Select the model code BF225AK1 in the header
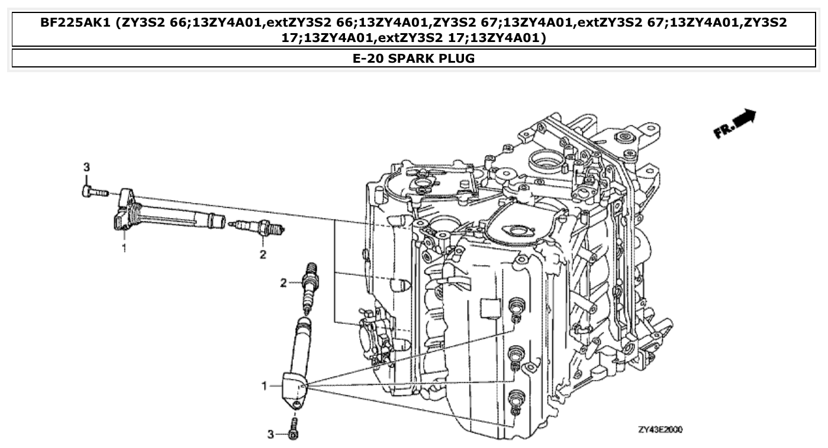(76, 23)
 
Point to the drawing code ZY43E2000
(660, 430)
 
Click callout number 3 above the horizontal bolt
(86, 167)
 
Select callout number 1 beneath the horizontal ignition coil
(124, 249)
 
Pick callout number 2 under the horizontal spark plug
(262, 254)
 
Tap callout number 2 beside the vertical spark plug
(283, 283)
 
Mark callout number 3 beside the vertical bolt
(270, 435)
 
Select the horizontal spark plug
(257, 227)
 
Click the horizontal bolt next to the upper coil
(93, 192)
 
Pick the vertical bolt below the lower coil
(294, 431)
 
